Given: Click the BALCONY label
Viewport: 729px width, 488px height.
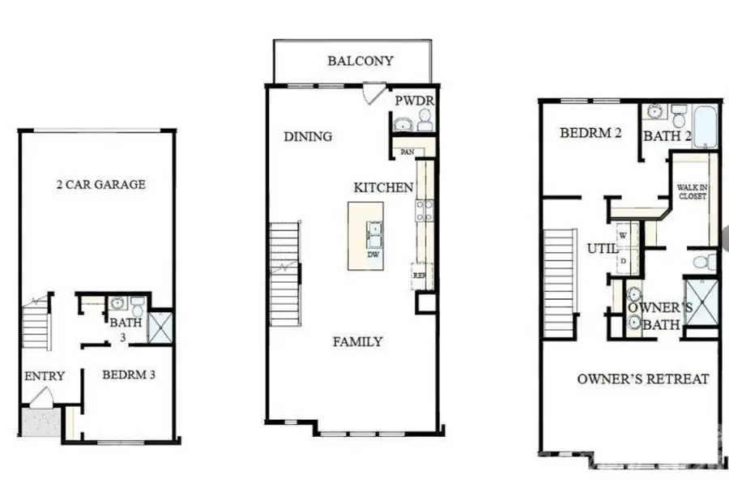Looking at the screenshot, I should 360,61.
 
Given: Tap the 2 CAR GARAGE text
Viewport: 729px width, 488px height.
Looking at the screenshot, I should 101,184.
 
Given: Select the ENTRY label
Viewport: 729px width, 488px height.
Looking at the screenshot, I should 45,376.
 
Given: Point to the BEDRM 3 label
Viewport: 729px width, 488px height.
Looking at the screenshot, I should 129,375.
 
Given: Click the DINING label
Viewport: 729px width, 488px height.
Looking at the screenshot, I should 308,136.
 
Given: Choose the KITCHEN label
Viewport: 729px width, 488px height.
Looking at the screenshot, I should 383,187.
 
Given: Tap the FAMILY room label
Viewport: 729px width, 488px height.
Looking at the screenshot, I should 358,341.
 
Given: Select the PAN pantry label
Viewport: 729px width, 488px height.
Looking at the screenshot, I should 405,152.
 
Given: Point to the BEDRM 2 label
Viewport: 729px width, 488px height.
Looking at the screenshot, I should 590,133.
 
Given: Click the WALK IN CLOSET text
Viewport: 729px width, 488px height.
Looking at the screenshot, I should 692,191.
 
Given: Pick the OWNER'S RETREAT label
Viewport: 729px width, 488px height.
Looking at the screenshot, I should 643,379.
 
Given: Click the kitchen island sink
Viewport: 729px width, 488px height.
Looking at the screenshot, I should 374,233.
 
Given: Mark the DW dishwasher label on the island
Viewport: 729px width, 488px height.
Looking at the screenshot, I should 373,255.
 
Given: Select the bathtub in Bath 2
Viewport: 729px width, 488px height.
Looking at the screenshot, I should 705,126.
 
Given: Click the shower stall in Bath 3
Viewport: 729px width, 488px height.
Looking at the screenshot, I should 160,327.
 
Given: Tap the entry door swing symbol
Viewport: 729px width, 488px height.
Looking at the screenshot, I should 41,398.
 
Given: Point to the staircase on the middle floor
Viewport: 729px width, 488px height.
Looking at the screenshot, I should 284,275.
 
